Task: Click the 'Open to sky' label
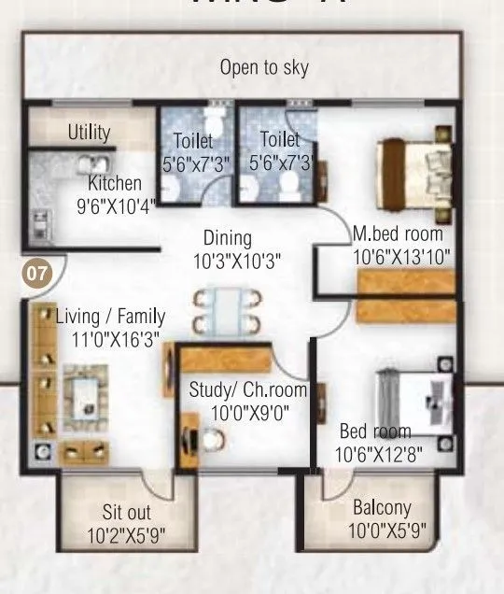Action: (264, 67)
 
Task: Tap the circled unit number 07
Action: (36, 275)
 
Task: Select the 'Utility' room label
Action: (89, 132)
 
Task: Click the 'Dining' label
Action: (228, 239)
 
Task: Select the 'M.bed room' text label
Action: (398, 233)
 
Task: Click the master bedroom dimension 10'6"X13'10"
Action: (401, 255)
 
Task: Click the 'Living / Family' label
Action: (110, 316)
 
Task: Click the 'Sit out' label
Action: (126, 513)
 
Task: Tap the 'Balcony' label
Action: (382, 509)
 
